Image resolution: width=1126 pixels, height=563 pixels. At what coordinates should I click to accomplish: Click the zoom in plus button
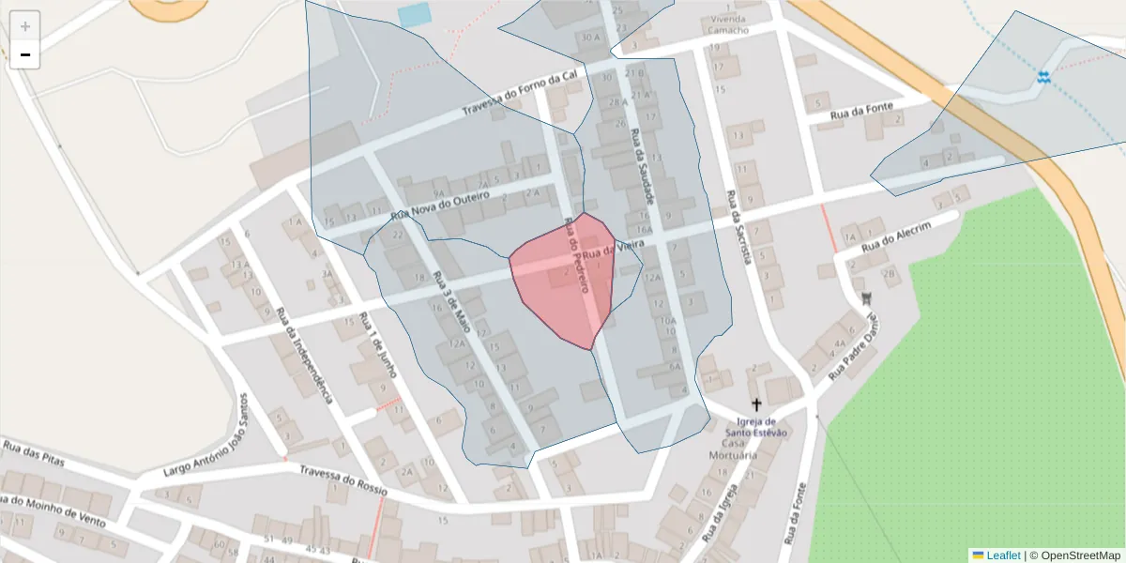tap(25, 25)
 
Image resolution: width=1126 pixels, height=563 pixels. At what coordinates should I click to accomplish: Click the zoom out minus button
tap(25, 54)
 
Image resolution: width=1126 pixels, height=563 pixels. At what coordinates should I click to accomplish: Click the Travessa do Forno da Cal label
tap(525, 91)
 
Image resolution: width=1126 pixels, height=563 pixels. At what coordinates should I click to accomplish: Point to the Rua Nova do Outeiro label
tap(441, 206)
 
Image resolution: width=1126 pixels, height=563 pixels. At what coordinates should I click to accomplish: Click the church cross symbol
tap(757, 405)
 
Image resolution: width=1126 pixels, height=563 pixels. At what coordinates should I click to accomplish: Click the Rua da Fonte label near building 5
tap(861, 113)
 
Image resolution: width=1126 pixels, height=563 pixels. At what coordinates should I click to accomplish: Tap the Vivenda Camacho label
tap(729, 24)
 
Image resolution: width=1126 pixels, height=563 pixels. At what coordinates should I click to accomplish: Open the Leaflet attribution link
tap(1003, 555)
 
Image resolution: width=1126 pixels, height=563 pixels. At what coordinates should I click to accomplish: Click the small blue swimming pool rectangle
tap(414, 15)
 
